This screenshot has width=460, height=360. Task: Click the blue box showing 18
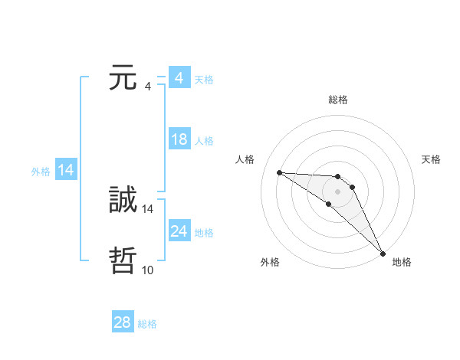[179, 139]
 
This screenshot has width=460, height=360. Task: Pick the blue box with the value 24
[179, 231]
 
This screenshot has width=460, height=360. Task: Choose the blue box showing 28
[123, 322]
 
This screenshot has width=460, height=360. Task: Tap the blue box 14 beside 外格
[66, 170]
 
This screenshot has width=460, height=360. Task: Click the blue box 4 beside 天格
[179, 78]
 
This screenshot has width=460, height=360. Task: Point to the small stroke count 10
[147, 270]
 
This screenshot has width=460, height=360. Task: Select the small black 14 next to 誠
[148, 208]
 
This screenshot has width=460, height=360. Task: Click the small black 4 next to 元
[147, 86]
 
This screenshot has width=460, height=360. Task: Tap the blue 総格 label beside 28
[148, 324]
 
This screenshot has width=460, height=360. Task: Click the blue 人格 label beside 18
[204, 141]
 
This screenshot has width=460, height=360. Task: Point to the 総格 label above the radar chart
[338, 100]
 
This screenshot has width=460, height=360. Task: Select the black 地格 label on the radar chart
[402, 262]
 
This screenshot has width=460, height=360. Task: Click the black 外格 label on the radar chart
[270, 262]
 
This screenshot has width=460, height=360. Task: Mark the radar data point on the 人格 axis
[279, 172]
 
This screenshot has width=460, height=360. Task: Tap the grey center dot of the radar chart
[338, 191]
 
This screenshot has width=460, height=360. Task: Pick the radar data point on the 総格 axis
[338, 177]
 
